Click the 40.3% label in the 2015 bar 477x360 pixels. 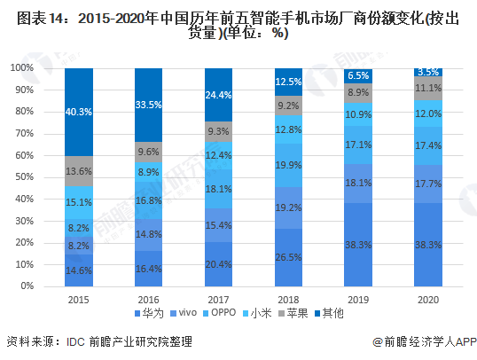(x=78, y=112)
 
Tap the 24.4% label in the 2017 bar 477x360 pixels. (x=218, y=94)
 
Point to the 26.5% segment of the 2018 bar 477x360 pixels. (x=288, y=258)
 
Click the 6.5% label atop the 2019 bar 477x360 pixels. (x=358, y=76)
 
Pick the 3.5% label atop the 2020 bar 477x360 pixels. (x=428, y=73)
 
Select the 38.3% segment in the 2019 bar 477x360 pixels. (x=358, y=245)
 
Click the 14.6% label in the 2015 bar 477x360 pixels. (x=78, y=270)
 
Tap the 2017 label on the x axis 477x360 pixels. (x=218, y=298)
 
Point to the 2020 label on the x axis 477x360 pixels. (x=428, y=298)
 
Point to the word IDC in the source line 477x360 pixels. (x=66, y=341)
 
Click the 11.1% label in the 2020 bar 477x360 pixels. (x=428, y=88)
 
